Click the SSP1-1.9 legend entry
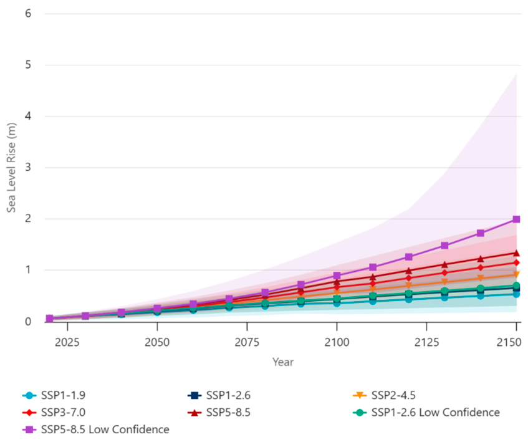[x=54, y=395]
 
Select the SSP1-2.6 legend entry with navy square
[x=219, y=395]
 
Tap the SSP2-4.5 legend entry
[x=384, y=395]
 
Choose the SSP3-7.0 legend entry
[x=54, y=412]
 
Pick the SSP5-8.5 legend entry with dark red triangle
[x=219, y=412]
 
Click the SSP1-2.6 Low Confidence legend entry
[x=426, y=412]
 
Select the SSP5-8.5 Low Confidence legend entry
[x=95, y=430]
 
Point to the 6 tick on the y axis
[x=28, y=14]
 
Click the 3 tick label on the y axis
[x=28, y=167]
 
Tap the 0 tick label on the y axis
[x=28, y=322]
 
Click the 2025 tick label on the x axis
[x=67, y=342]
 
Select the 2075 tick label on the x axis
[x=247, y=342]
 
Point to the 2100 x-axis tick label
[x=337, y=342]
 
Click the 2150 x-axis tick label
[x=509, y=342]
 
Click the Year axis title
[x=283, y=362]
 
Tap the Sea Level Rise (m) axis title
[x=11, y=168]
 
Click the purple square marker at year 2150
[x=516, y=219]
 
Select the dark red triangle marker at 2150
[x=516, y=253]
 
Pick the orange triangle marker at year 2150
[x=516, y=275]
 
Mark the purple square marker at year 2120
[x=409, y=257]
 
